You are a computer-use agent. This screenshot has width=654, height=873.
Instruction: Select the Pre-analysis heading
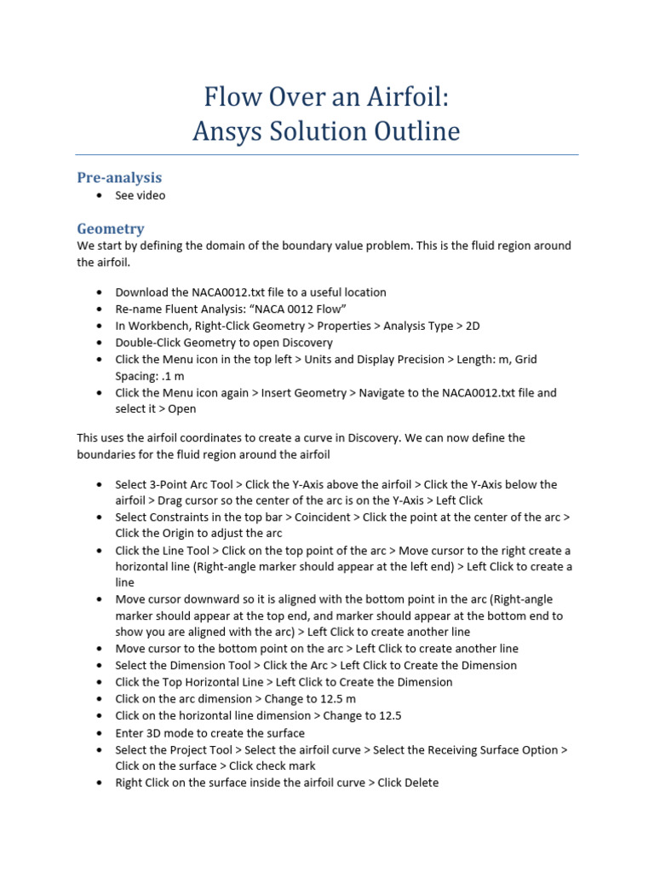[119, 177]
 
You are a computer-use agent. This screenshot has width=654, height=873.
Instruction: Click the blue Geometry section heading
[110, 228]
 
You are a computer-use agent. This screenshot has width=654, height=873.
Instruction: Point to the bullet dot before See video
[100, 195]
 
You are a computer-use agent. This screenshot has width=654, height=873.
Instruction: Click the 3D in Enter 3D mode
[159, 732]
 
